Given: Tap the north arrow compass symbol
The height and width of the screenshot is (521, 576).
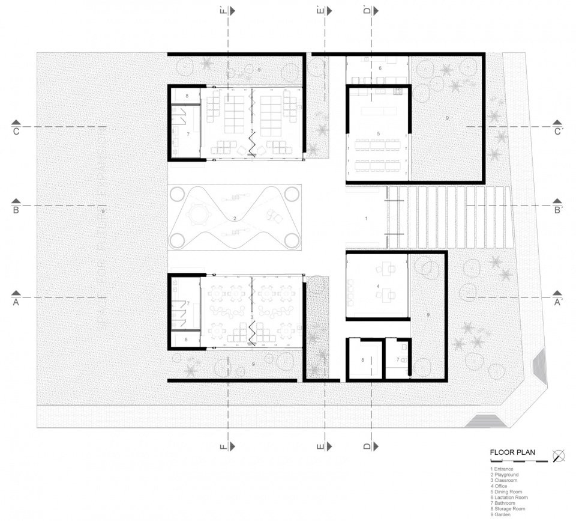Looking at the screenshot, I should tap(559, 455).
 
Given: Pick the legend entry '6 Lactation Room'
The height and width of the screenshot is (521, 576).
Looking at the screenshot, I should tap(509, 498).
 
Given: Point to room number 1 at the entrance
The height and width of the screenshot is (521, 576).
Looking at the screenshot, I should tap(366, 219).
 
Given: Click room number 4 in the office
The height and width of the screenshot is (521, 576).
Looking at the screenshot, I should tap(378, 287).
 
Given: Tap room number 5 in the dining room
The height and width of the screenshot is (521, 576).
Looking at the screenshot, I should tap(379, 133).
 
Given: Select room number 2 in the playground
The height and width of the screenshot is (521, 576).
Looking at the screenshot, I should tap(235, 218).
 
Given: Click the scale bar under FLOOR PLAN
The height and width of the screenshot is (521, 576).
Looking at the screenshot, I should tap(520, 462).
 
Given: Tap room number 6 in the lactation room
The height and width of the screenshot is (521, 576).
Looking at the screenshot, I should tap(380, 69).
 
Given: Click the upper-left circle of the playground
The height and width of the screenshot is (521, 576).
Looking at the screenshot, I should tap(178, 194).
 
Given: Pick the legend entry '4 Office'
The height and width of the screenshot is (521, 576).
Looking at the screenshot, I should tap(501, 486).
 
